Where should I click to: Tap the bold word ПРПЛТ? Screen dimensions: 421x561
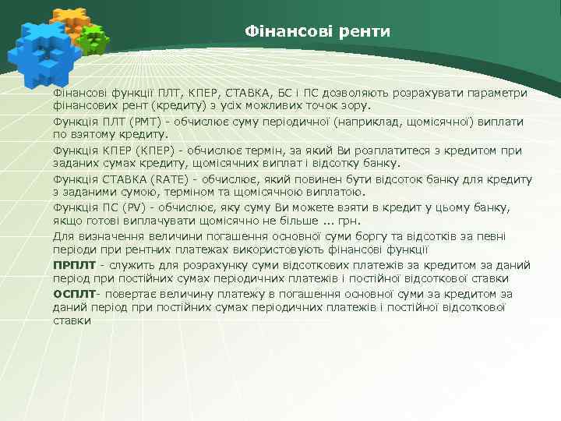tap(73, 265)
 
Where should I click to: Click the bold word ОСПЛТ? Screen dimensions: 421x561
tap(73, 294)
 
